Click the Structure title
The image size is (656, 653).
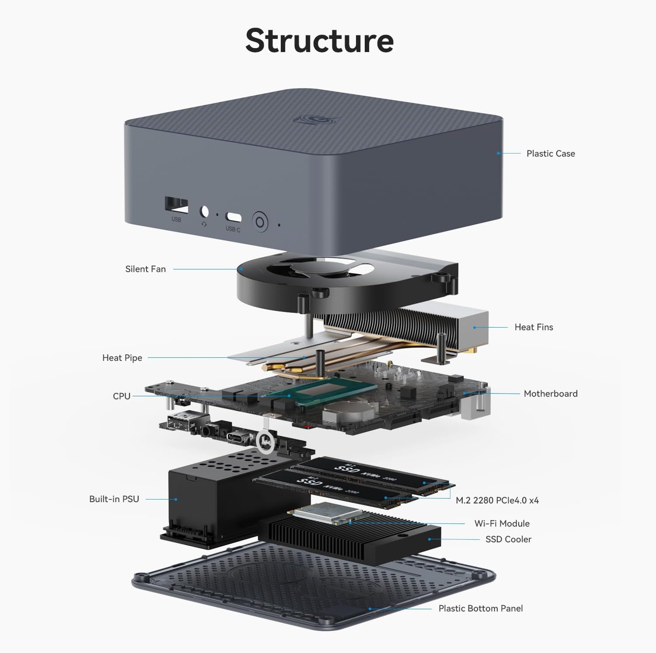click(x=319, y=40)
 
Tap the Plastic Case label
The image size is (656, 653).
click(x=550, y=154)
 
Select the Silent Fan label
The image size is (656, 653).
click(x=145, y=269)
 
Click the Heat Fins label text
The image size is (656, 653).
click(x=534, y=327)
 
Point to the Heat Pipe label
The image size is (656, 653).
click(x=122, y=358)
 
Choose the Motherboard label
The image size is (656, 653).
click(x=550, y=394)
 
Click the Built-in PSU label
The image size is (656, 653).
click(x=114, y=499)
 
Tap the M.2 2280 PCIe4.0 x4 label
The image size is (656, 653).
click(x=497, y=500)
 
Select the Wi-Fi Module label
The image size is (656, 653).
click(x=502, y=524)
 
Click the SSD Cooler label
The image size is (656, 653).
click(x=508, y=539)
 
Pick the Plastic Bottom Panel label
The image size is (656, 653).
click(x=480, y=608)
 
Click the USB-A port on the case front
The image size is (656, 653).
click(x=176, y=205)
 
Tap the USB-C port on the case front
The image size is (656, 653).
click(x=233, y=217)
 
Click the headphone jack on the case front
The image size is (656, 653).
click(x=204, y=211)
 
